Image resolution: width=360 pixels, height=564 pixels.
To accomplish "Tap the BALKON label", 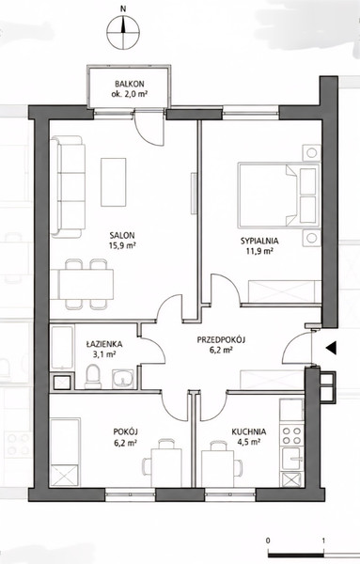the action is point(130,85).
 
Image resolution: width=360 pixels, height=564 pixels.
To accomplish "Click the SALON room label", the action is point(122,236).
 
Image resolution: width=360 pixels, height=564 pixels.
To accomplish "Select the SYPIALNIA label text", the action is point(259,241).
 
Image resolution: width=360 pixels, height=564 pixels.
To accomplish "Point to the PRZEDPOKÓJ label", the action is point(221,339).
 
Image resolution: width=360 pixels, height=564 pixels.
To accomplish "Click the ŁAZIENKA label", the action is point(104,344).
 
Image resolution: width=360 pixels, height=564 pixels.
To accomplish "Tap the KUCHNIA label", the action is point(249,431).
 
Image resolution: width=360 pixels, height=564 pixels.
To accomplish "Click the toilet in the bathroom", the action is point(93,376).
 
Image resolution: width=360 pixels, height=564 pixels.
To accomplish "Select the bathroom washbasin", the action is point(122,379).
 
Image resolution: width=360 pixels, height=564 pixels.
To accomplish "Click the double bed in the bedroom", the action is point(279,196).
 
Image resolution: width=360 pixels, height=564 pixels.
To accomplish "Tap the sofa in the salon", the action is point(68,187).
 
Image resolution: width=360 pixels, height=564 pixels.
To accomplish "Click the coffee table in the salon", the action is point(114,182).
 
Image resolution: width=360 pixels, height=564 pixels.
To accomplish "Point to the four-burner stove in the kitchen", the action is point(292,435).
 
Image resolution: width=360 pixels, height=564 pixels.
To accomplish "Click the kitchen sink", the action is point(292,459).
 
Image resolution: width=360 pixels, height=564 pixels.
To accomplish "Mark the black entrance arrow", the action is point(331,348).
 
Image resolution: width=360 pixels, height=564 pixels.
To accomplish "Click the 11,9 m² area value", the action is point(258,251).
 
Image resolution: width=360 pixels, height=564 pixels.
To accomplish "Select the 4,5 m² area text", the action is point(248,442).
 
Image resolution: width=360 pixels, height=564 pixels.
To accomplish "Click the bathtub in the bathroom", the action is point(63,348).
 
